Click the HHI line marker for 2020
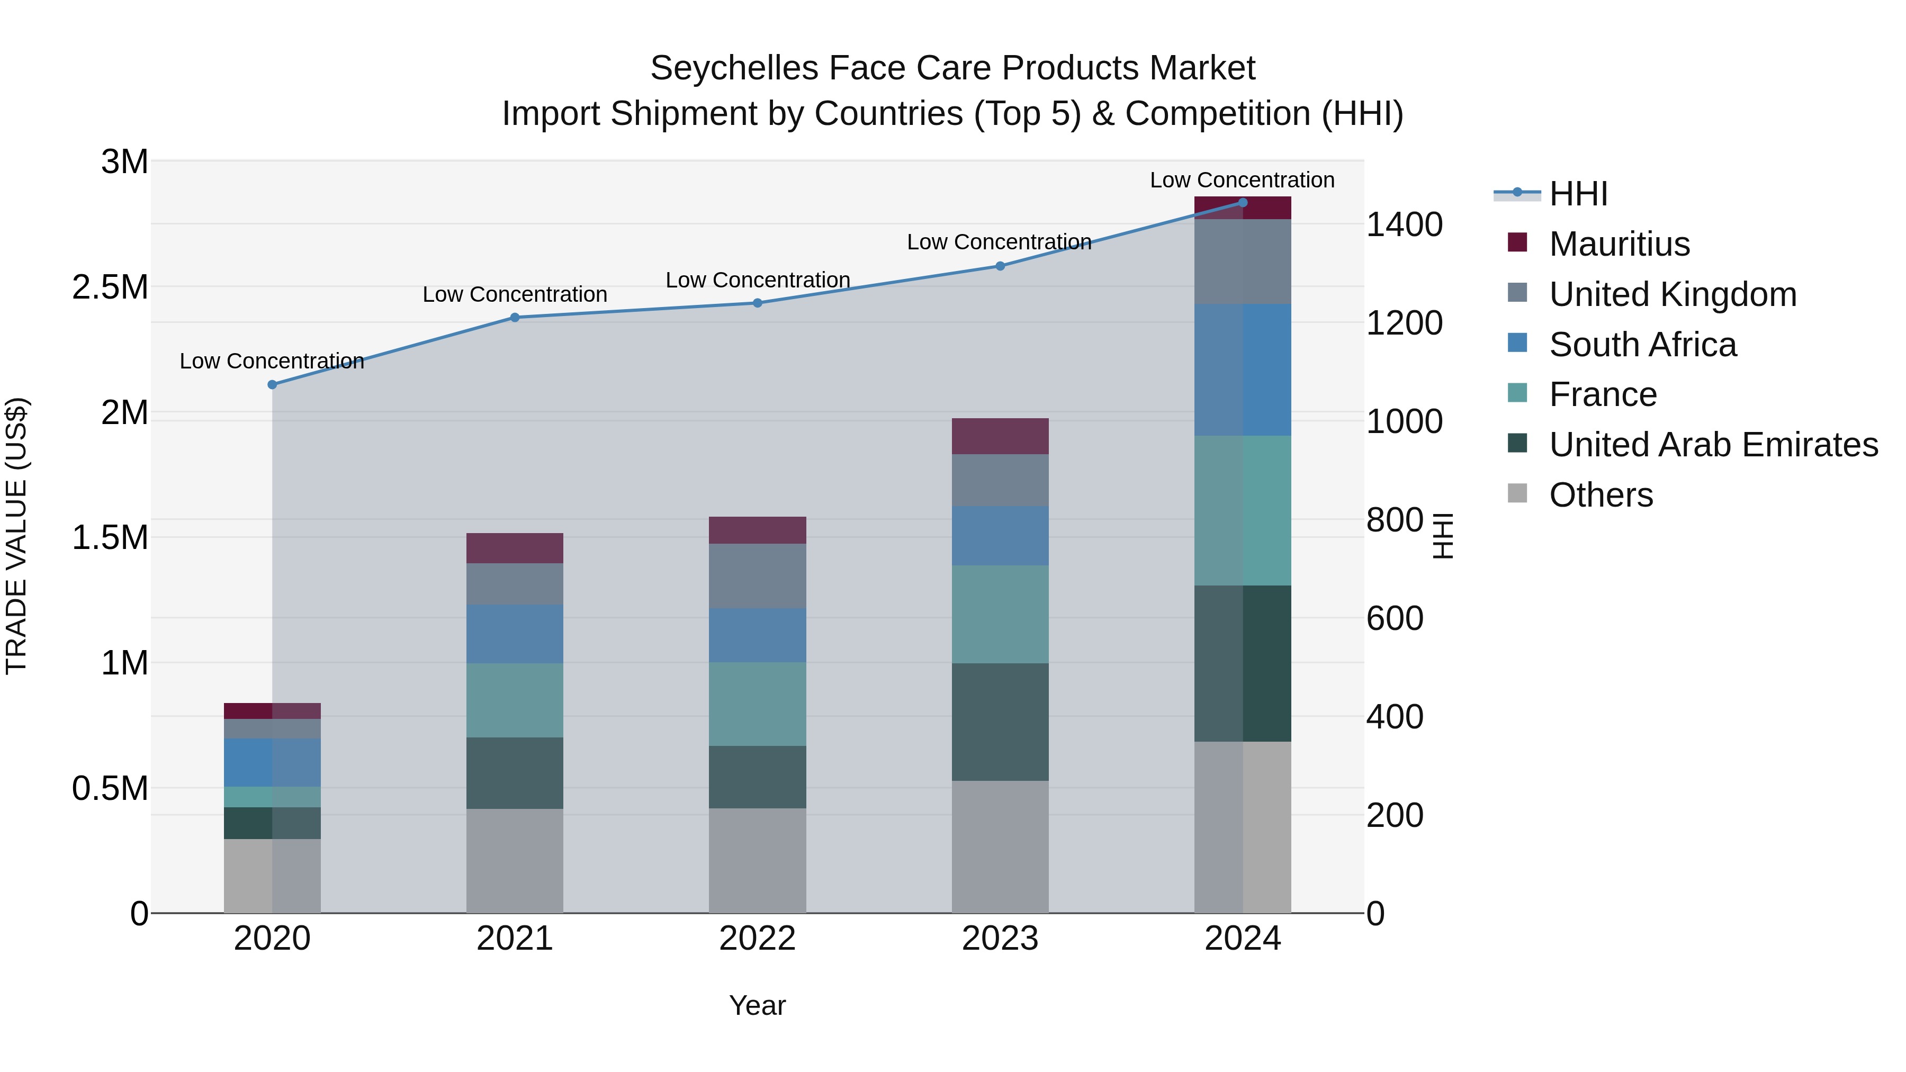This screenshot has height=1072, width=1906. click(272, 385)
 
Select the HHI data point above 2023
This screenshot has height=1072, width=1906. click(1000, 266)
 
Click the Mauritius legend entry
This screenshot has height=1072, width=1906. click(1619, 244)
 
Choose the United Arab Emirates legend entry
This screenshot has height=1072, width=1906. click(1713, 445)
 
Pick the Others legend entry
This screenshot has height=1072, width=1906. click(1601, 495)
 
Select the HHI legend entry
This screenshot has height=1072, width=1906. click(1578, 194)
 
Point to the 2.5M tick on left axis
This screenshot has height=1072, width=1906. click(110, 287)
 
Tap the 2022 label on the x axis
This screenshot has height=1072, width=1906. click(757, 939)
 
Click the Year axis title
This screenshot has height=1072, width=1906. click(757, 1005)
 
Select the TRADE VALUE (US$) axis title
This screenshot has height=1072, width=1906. click(16, 536)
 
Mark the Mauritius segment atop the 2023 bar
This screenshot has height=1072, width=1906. click(1000, 436)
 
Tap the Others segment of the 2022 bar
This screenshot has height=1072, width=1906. click(757, 860)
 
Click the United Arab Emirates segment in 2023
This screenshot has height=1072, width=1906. click(1000, 722)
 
